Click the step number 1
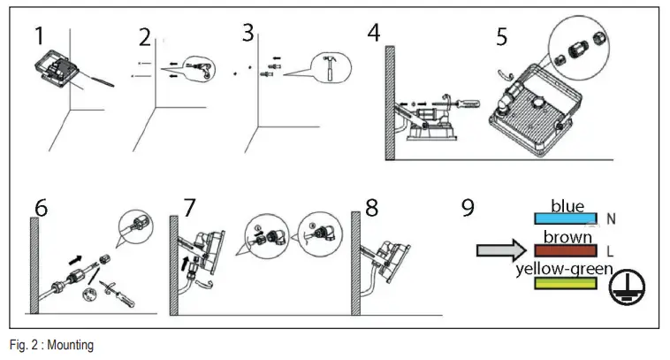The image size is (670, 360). pos(39,37)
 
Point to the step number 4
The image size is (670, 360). pos(375,34)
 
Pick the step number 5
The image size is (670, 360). pos(502,37)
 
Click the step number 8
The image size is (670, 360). pos(371,208)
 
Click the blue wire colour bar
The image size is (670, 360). pos(566,218)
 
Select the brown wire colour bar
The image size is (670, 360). pos(566,250)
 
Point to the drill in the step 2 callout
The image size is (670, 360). pos(202,67)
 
